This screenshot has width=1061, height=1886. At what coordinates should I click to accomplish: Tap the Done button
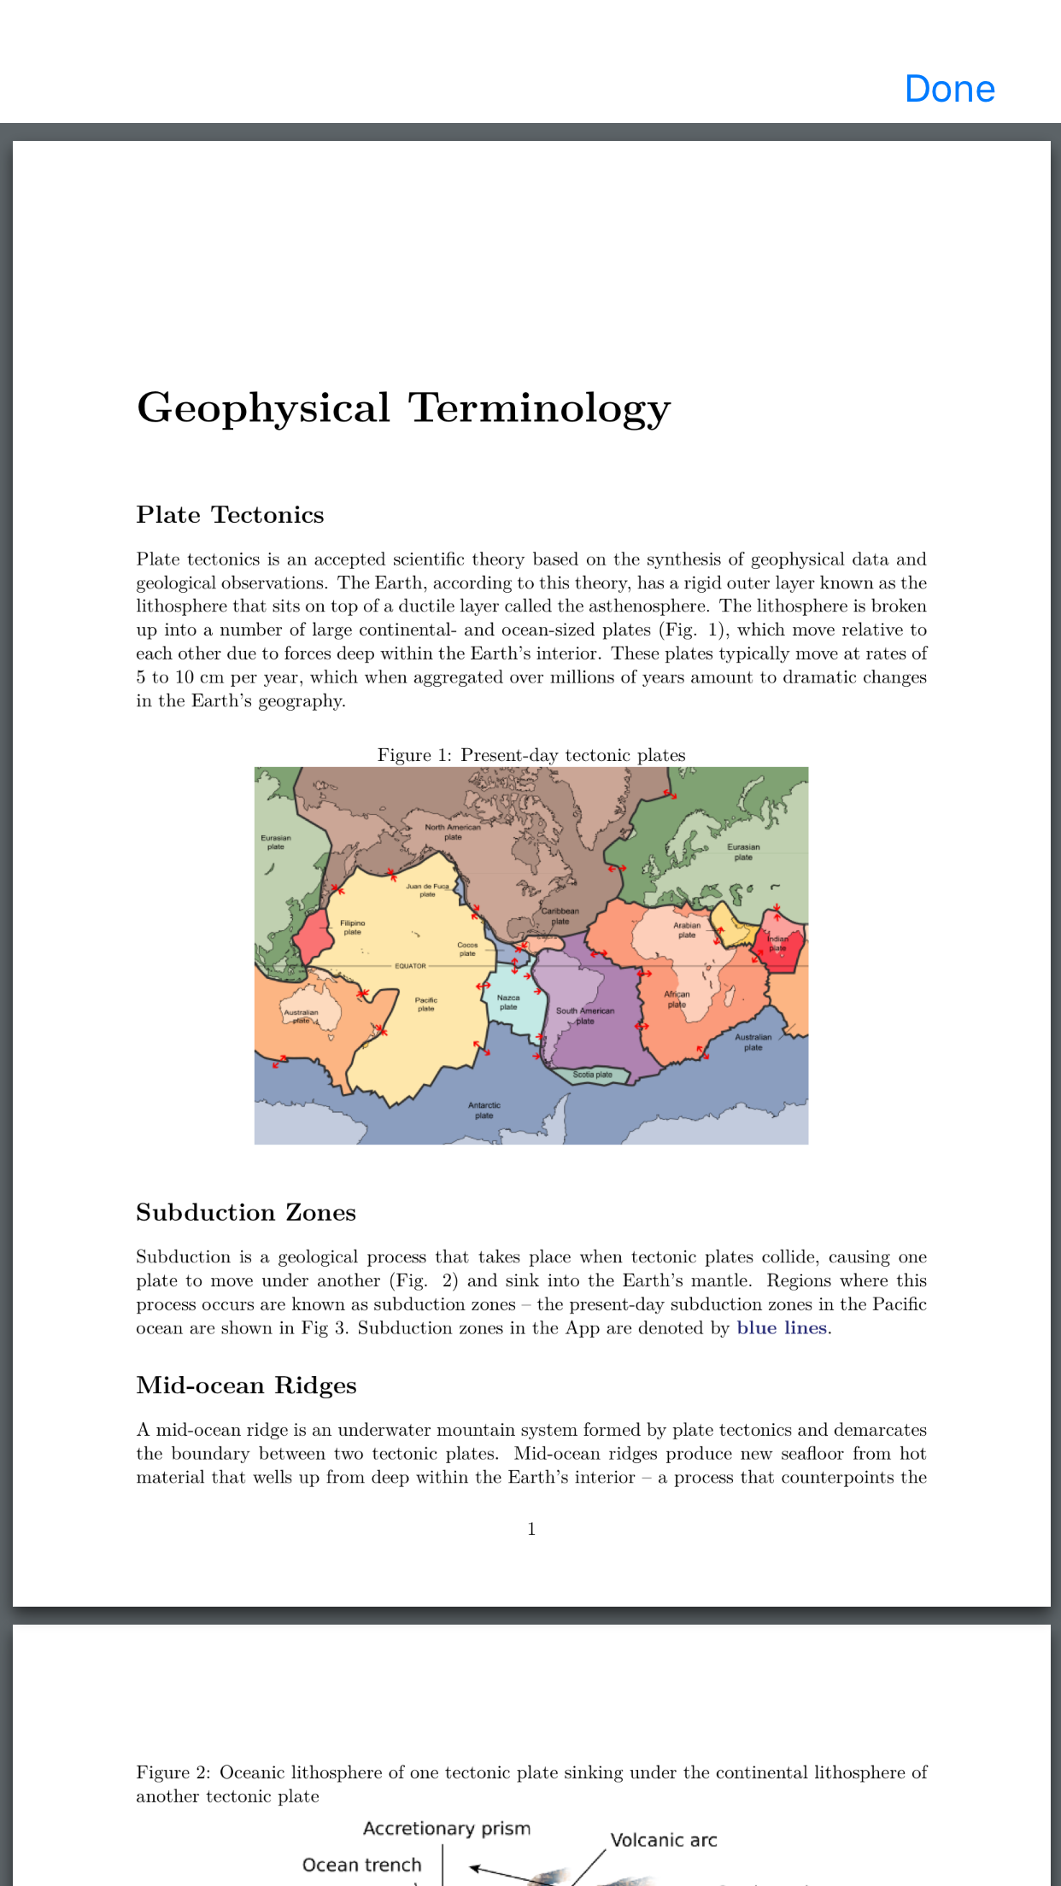click(x=950, y=89)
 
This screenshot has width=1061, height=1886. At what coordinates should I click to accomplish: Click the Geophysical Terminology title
click(x=403, y=407)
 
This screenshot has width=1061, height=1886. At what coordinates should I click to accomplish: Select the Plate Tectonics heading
click(x=230, y=515)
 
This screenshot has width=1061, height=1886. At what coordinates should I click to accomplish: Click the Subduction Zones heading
click(x=246, y=1213)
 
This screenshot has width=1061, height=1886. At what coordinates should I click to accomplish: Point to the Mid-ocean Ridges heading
click(x=246, y=1385)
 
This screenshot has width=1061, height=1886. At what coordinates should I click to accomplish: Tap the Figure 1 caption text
click(x=531, y=755)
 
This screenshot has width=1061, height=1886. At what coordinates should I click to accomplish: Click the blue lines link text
click(x=782, y=1328)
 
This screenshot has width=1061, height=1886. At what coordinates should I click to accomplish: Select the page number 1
click(x=531, y=1529)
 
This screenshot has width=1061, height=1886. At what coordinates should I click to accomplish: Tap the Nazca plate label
click(x=508, y=1002)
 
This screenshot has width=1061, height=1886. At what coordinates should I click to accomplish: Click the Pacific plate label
click(x=426, y=1004)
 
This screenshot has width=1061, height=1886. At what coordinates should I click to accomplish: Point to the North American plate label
click(x=453, y=832)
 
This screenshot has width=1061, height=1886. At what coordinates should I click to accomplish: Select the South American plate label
click(x=585, y=1016)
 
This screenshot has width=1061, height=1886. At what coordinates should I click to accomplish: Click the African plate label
click(x=677, y=999)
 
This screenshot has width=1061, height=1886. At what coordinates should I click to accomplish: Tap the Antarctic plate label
click(x=484, y=1110)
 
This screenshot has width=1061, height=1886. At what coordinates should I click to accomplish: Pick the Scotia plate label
click(x=592, y=1075)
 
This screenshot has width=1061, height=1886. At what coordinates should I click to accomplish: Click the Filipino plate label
click(x=352, y=927)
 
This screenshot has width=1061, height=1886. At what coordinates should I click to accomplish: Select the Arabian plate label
click(x=687, y=929)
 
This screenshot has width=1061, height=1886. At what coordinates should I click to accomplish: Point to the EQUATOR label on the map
click(x=410, y=966)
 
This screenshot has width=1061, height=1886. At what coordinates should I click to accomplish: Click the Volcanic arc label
click(x=664, y=1840)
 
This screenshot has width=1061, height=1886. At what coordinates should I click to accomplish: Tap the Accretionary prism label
click(x=447, y=1828)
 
